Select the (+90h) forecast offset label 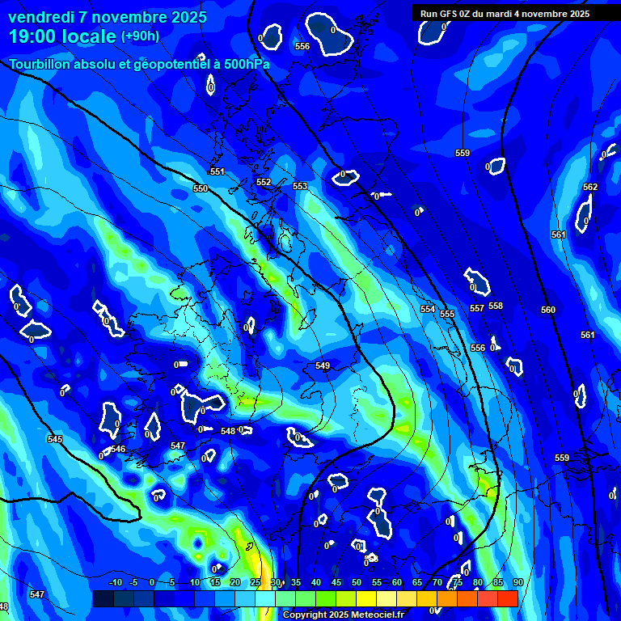point(140,36)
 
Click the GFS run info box point(505,14)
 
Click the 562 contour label point(590,187)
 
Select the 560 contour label point(548,310)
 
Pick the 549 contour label point(323,366)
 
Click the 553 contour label point(300,186)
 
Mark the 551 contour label point(217,171)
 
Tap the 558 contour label point(496,306)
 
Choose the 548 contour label point(228,431)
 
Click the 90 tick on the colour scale point(517,582)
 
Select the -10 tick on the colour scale point(115,582)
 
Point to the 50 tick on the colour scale point(357,582)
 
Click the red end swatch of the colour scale point(508,598)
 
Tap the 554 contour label point(428,309)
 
